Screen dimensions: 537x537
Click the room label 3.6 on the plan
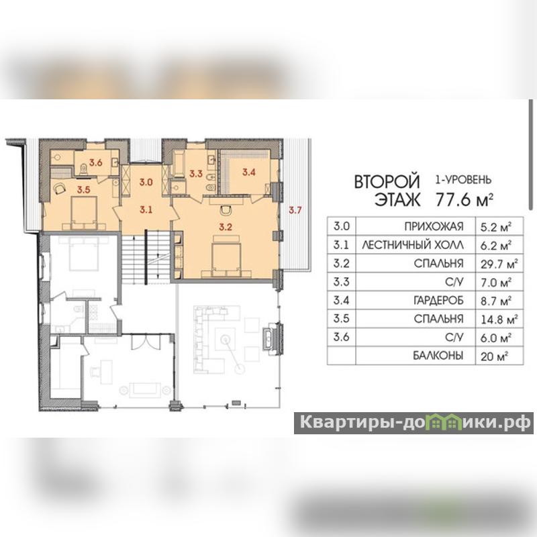[96, 162]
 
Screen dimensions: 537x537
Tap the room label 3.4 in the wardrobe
[249, 172]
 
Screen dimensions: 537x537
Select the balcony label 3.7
[295, 210]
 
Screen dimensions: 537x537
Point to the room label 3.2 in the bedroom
[226, 227]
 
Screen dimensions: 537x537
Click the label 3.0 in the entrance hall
[146, 182]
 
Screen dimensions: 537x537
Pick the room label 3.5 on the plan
[83, 190]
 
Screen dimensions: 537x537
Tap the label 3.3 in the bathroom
[196, 174]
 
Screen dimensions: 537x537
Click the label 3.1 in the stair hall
[146, 209]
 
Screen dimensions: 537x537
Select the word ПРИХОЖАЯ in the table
[434, 227]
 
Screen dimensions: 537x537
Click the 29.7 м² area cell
[499, 263]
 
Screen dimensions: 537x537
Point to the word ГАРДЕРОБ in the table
[438, 300]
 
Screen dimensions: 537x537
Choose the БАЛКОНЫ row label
[438, 356]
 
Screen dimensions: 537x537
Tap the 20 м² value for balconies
[494, 356]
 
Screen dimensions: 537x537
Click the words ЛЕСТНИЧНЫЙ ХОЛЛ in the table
[413, 245]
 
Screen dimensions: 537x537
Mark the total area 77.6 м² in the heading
[465, 199]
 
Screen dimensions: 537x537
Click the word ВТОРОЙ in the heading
[387, 181]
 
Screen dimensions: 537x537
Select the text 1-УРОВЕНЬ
[463, 179]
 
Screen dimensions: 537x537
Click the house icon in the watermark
[445, 422]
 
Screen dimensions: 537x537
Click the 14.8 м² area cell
[499, 319]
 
